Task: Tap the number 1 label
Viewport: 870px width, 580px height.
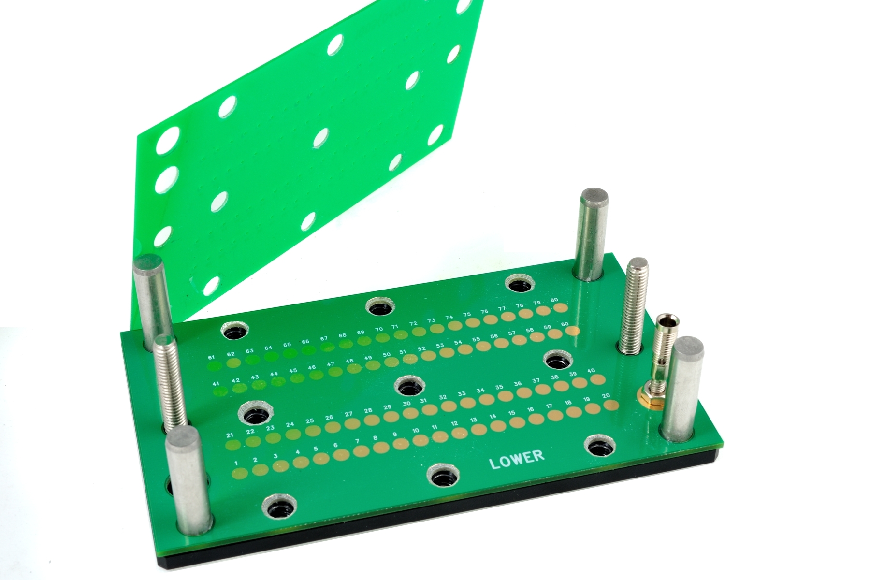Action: (236, 464)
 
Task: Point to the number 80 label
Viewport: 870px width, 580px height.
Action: (554, 300)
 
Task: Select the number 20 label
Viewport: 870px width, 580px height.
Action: (606, 396)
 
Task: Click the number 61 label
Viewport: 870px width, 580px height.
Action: (211, 357)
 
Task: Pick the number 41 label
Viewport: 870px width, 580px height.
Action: (216, 384)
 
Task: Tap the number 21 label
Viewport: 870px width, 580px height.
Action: (230, 435)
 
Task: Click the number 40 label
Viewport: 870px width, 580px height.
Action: (591, 371)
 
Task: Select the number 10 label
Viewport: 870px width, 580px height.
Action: (416, 431)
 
